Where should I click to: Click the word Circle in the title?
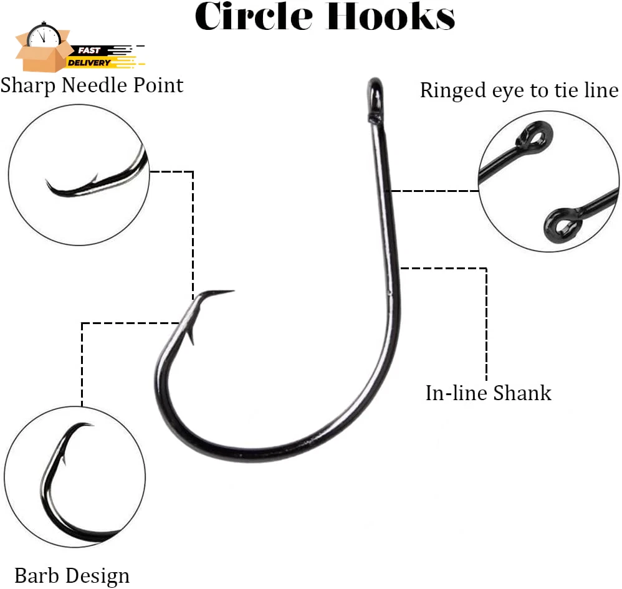(x=254, y=16)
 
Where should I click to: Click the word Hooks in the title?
(x=390, y=16)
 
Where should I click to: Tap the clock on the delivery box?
(x=44, y=35)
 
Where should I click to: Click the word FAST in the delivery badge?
(x=89, y=50)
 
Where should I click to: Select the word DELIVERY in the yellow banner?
(x=89, y=63)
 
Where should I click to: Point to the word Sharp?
(x=28, y=86)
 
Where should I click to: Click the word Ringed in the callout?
(x=452, y=91)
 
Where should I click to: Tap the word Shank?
(x=522, y=393)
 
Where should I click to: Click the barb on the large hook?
(x=191, y=337)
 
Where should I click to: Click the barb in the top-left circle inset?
(x=93, y=178)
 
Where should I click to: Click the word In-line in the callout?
(x=457, y=393)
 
